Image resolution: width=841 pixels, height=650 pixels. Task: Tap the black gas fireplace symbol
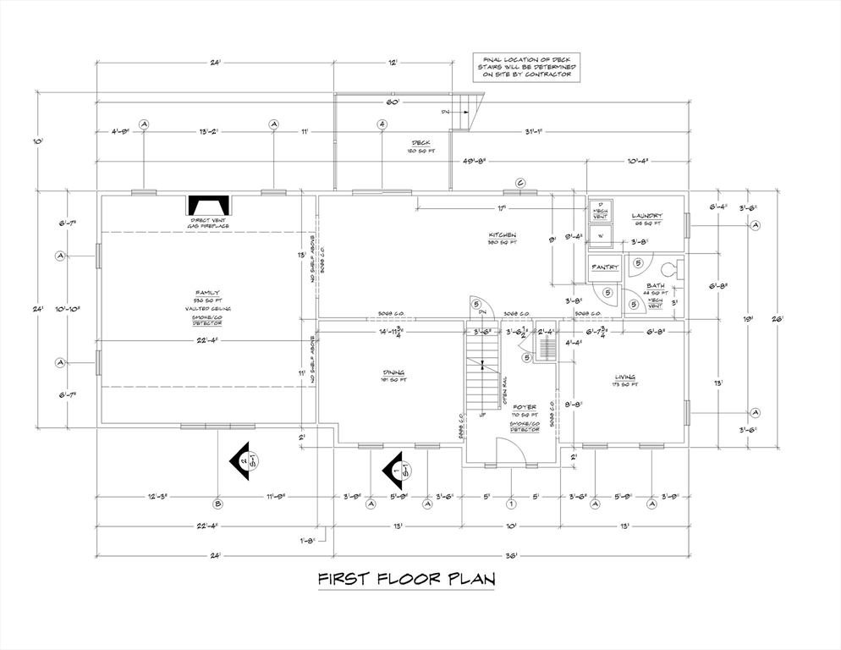point(207,206)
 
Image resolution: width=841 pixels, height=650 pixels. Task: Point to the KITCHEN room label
point(502,234)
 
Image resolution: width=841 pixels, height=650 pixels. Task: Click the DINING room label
point(393,372)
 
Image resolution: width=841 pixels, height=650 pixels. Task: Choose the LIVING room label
point(625,377)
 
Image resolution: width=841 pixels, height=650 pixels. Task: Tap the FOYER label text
point(525,408)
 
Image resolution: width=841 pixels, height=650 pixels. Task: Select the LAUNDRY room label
point(647,217)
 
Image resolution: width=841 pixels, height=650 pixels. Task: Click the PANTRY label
point(606,267)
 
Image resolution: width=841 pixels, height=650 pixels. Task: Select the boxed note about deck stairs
point(526,67)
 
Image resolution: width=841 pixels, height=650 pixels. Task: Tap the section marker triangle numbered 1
point(394,466)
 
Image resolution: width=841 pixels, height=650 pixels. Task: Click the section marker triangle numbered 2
point(245,461)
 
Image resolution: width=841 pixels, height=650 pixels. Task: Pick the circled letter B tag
point(218,504)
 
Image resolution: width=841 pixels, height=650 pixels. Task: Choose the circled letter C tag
point(520,183)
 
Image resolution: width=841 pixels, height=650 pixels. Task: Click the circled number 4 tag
point(382,124)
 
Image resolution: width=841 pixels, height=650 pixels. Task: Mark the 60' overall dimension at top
point(393,102)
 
